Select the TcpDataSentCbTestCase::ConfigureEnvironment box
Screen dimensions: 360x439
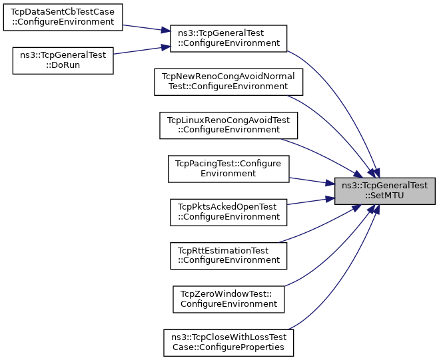[63, 17]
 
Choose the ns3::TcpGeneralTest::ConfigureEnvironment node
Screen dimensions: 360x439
[228, 39]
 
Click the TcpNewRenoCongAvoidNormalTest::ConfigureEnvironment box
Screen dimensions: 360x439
[228, 82]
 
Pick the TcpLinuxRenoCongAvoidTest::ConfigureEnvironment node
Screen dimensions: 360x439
[228, 124]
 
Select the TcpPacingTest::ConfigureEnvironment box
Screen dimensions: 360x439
[228, 168]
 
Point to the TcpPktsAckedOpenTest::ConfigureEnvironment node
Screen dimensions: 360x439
[228, 212]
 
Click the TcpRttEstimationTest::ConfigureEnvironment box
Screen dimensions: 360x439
[228, 255]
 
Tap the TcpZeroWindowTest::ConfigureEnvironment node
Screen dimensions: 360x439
[228, 299]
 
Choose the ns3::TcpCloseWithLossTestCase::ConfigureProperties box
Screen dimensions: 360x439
[228, 342]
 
